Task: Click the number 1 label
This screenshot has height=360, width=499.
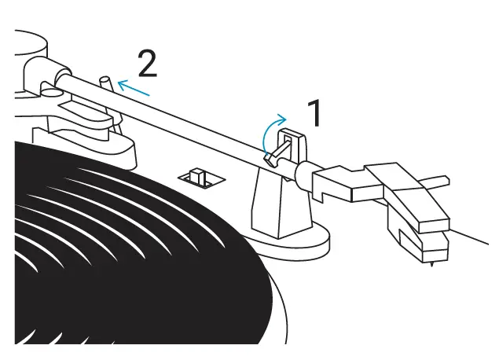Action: click(314, 115)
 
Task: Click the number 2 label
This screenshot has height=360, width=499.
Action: click(147, 64)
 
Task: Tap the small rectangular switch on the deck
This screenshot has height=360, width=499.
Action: click(200, 178)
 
